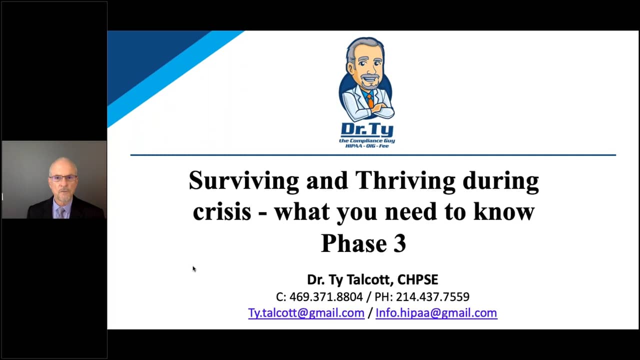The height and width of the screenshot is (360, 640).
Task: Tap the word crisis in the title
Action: tap(222, 212)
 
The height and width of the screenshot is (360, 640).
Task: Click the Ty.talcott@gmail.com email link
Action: tap(306, 313)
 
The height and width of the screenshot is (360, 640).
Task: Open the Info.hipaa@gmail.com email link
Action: tap(436, 313)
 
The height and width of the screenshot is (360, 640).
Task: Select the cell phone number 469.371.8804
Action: tap(326, 297)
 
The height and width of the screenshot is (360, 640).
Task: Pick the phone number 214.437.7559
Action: tap(432, 297)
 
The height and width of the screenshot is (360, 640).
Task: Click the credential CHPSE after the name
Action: tap(417, 279)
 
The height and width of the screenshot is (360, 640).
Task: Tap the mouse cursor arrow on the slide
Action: tap(194, 269)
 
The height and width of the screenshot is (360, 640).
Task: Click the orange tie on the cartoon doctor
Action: tap(370, 100)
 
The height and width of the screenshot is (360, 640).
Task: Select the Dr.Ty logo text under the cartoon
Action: tap(367, 130)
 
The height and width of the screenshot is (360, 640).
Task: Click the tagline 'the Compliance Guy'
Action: tap(367, 140)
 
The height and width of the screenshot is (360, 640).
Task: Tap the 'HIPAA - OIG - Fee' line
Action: tap(367, 145)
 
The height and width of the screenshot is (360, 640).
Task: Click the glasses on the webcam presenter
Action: tap(63, 178)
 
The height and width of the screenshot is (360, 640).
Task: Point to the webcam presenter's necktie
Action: tap(61, 213)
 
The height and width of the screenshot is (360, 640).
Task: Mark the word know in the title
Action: tap(503, 212)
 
